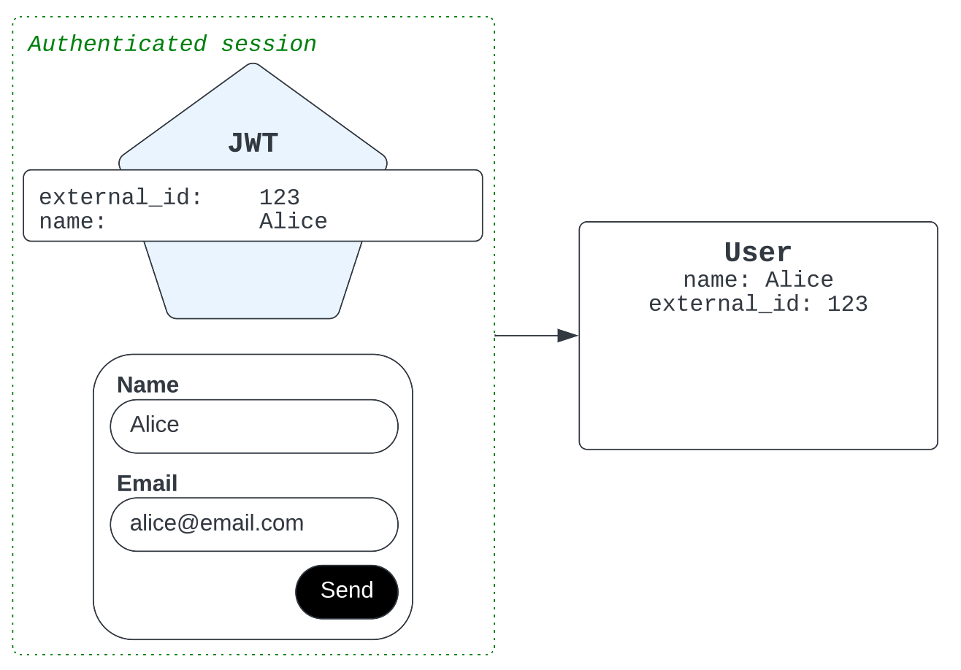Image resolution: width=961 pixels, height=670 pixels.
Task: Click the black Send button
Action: [x=347, y=592]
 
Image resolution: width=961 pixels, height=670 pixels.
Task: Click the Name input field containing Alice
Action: [x=254, y=426]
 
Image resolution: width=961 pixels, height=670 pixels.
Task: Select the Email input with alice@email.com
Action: [x=254, y=525]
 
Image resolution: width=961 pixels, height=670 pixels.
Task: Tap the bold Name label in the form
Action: [x=148, y=385]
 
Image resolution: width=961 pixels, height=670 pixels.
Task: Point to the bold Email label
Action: [x=148, y=483]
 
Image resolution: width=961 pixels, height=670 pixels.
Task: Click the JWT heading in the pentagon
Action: [x=253, y=143]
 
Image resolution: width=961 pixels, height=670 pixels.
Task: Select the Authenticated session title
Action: [x=172, y=44]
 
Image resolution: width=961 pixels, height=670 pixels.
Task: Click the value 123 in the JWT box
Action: [x=279, y=197]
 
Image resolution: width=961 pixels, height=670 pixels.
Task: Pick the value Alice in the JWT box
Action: [x=293, y=222]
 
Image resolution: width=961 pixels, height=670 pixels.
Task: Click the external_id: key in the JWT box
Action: [x=120, y=198]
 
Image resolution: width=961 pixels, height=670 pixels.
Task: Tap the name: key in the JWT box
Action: [x=72, y=222]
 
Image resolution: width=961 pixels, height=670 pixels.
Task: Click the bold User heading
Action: [x=758, y=252]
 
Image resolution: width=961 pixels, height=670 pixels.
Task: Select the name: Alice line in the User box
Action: [x=758, y=280]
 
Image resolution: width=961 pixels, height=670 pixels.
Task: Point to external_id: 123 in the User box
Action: [x=758, y=304]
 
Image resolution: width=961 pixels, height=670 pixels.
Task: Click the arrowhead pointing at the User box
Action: [x=568, y=336]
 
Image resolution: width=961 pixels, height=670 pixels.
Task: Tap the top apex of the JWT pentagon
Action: [x=253, y=63]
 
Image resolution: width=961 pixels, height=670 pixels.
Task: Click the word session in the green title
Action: [x=269, y=44]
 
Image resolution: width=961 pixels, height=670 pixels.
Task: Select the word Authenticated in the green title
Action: [x=118, y=44]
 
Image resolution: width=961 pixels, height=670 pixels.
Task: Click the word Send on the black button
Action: [x=347, y=590]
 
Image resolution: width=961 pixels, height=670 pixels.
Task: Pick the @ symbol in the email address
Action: [x=188, y=524]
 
